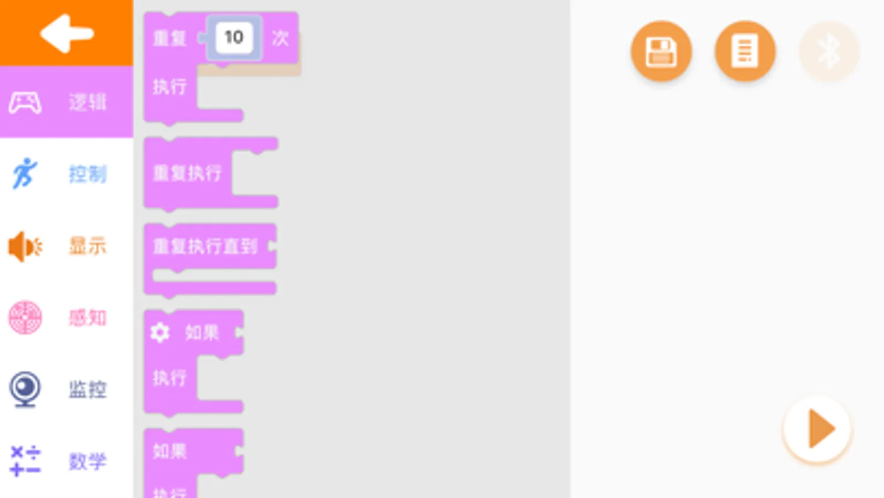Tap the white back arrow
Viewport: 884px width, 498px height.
click(x=66, y=33)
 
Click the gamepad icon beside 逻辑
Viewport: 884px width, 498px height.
click(x=25, y=102)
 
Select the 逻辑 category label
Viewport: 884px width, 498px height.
click(x=87, y=102)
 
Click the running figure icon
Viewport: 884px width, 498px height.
click(x=24, y=173)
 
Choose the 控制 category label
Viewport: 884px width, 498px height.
click(x=87, y=174)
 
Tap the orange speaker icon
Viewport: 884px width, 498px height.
click(x=25, y=246)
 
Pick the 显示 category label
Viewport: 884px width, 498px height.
click(x=87, y=246)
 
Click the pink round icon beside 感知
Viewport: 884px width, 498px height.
click(x=25, y=318)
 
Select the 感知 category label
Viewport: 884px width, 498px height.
click(x=87, y=318)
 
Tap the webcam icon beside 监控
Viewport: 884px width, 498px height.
click(x=25, y=389)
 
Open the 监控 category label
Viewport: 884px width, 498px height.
click(x=87, y=390)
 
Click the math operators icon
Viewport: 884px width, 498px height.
click(x=25, y=460)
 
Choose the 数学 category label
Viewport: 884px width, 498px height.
click(x=87, y=461)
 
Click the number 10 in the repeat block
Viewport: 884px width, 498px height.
click(x=234, y=37)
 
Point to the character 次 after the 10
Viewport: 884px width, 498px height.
click(x=280, y=38)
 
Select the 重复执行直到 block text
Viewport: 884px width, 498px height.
click(x=205, y=246)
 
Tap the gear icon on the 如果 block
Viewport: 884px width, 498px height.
click(x=160, y=333)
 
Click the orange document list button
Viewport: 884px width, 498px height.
click(x=745, y=51)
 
